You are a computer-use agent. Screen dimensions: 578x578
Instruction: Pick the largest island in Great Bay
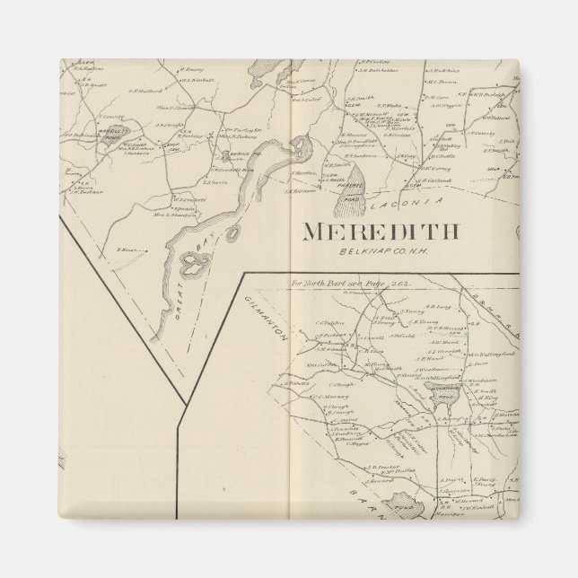coord(197,264)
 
